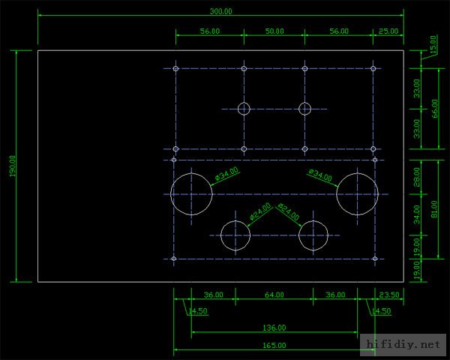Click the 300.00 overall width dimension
pyautogui.click(x=221, y=12)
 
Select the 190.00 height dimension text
pyautogui.click(x=12, y=166)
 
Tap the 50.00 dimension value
pyautogui.click(x=274, y=31)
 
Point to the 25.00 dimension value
pyautogui.click(x=388, y=31)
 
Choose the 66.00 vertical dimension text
pyautogui.click(x=436, y=108)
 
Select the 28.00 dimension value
pyautogui.click(x=418, y=177)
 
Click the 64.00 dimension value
pyautogui.click(x=274, y=295)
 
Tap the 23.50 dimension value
pyautogui.click(x=388, y=295)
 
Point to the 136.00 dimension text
pyautogui.click(x=274, y=328)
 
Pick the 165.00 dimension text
pyautogui.click(x=274, y=345)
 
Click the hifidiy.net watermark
pyautogui.click(x=403, y=345)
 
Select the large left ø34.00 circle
pyautogui.click(x=192, y=193)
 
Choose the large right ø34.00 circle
pyautogui.click(x=357, y=193)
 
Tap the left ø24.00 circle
pyautogui.click(x=235, y=235)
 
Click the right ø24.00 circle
pyautogui.click(x=313, y=235)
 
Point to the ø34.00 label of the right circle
pyautogui.click(x=320, y=175)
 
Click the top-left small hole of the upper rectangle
pyautogui.click(x=175, y=68)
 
